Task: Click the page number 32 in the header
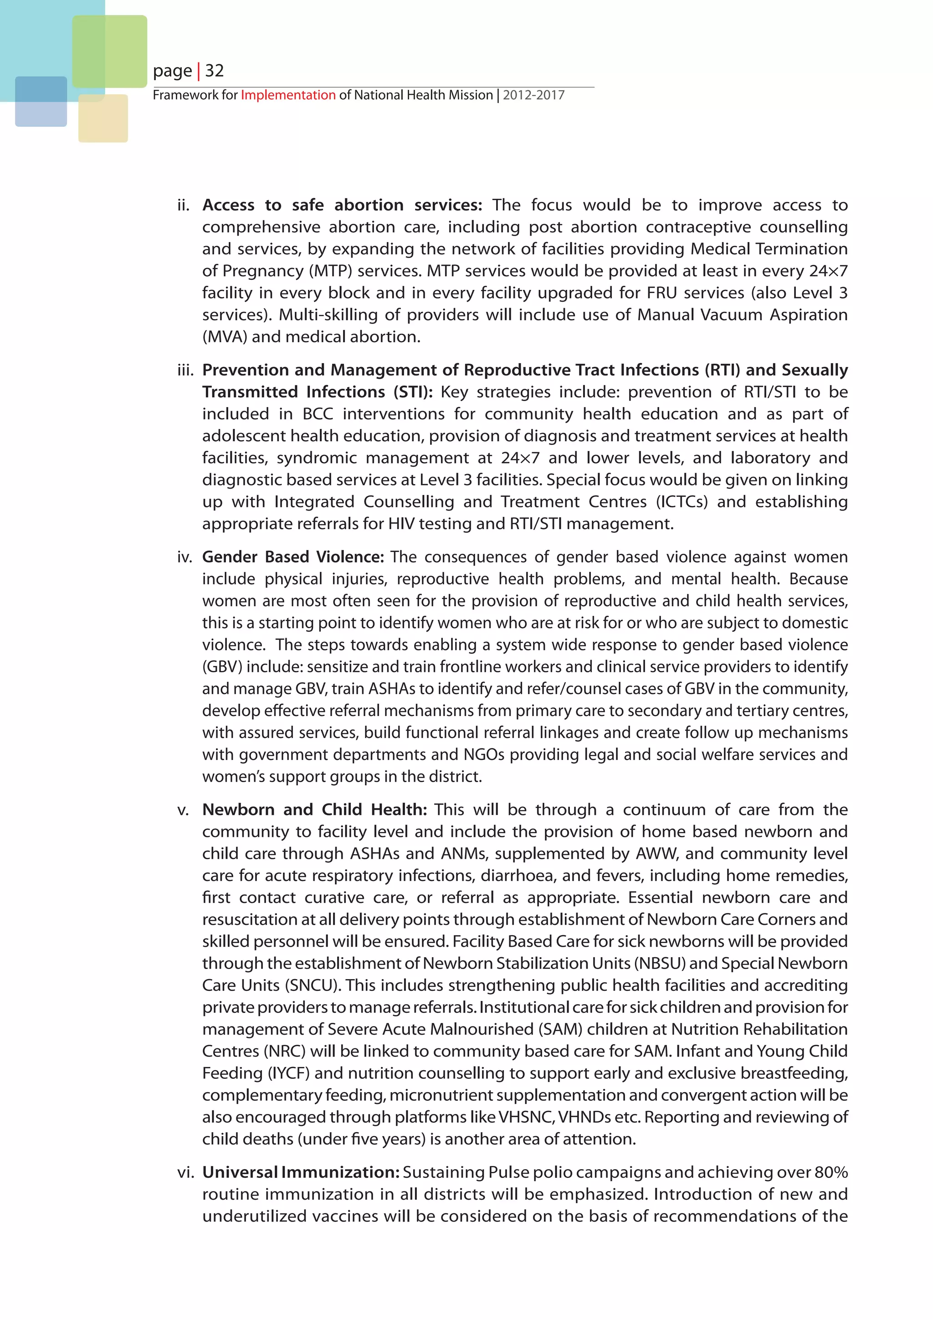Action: click(x=214, y=71)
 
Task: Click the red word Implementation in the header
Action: click(x=288, y=95)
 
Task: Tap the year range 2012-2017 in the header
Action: click(x=534, y=95)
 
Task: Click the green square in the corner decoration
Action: click(x=110, y=51)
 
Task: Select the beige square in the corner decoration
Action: click(x=103, y=119)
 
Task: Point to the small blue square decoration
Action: click(x=41, y=102)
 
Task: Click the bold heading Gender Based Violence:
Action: click(x=292, y=557)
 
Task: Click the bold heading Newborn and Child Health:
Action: click(x=314, y=810)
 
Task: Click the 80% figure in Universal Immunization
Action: click(x=831, y=1172)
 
